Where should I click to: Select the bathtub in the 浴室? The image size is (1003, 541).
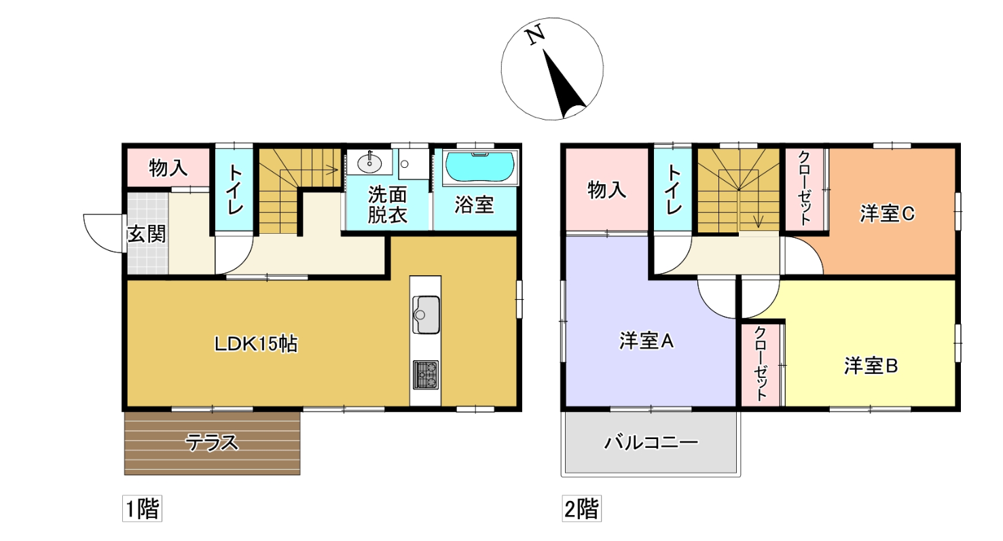click(479, 167)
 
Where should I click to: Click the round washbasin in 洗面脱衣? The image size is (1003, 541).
click(370, 162)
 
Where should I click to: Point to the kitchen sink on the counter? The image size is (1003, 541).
click(425, 315)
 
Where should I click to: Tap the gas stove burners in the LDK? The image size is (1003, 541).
click(425, 374)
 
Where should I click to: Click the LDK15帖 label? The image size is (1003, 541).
click(256, 344)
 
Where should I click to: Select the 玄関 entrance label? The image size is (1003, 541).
click(147, 234)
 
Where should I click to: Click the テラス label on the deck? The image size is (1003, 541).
click(212, 443)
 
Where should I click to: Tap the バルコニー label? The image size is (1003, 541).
click(651, 443)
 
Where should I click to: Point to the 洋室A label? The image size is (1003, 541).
click(646, 341)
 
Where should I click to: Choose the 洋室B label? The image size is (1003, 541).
click(871, 366)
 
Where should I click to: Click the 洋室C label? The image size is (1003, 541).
click(887, 214)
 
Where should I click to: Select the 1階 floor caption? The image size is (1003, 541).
click(142, 509)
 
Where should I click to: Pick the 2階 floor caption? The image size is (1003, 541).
click(582, 509)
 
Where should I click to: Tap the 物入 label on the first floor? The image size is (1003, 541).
click(168, 168)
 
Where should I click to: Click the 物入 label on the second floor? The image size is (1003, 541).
click(606, 190)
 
